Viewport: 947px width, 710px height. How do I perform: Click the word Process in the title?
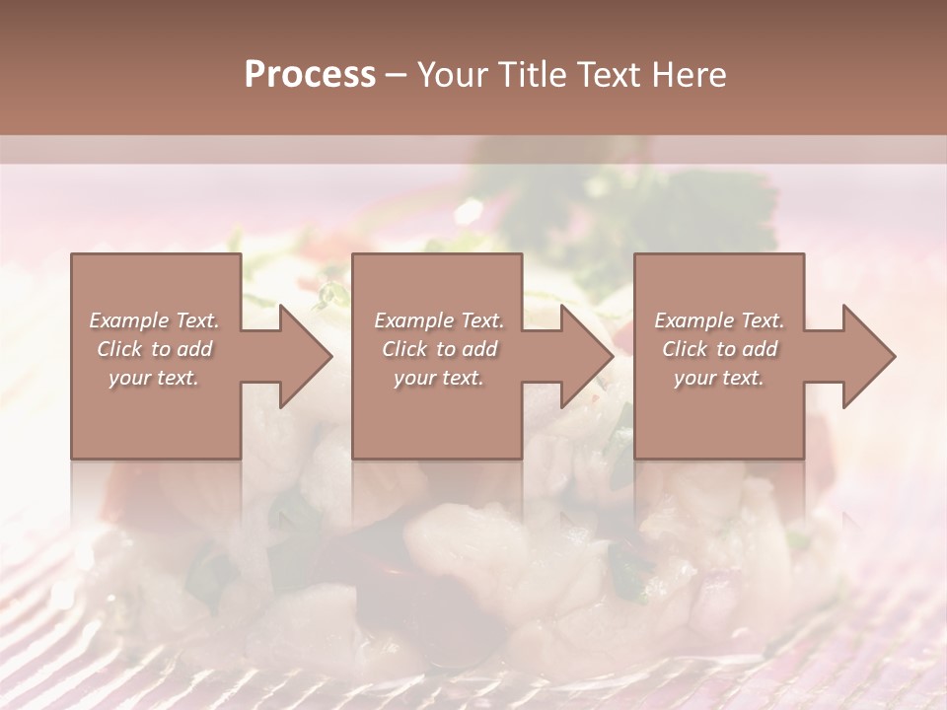click(x=310, y=75)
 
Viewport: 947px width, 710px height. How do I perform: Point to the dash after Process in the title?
click(x=397, y=76)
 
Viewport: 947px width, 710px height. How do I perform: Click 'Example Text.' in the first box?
click(x=154, y=320)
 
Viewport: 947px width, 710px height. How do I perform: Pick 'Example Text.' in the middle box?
click(x=439, y=320)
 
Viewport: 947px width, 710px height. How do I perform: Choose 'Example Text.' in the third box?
click(x=719, y=320)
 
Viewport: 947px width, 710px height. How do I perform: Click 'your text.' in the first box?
click(x=154, y=378)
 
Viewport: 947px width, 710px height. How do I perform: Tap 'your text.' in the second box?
click(x=439, y=378)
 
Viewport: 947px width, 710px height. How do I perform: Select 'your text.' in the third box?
click(x=719, y=378)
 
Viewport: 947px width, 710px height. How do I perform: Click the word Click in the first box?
click(x=118, y=349)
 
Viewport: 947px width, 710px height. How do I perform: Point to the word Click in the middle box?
click(x=403, y=349)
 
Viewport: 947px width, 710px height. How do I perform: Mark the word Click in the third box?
click(x=684, y=349)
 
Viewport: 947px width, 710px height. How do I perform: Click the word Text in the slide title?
click(x=608, y=75)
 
